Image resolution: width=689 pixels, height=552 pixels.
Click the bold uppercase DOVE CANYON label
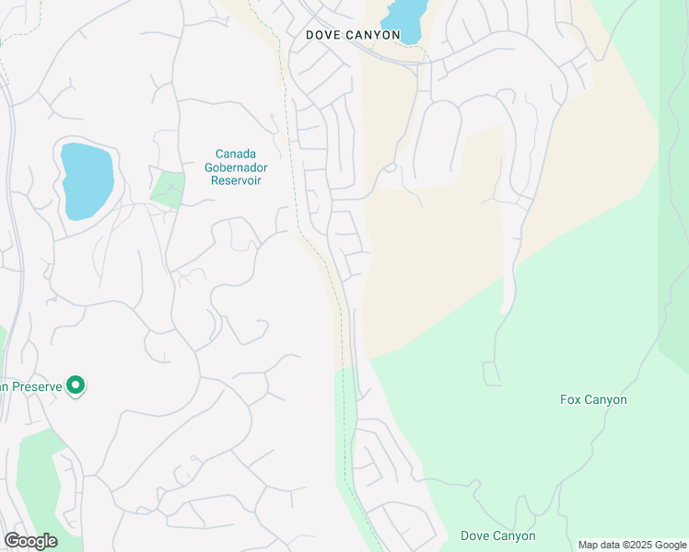[354, 35]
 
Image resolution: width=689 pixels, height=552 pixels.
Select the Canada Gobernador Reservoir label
[236, 167]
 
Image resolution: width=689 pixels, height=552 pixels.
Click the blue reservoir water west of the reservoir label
[86, 179]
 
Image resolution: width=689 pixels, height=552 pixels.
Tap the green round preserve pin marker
[76, 386]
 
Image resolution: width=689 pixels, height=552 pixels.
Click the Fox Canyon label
[593, 400]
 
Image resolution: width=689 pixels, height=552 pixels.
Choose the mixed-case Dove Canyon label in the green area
[497, 535]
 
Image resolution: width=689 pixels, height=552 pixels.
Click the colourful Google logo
[30, 541]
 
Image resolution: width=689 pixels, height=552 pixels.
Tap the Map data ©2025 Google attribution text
[631, 545]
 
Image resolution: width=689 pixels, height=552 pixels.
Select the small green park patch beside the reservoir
[168, 189]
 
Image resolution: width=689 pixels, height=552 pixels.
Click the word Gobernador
[236, 167]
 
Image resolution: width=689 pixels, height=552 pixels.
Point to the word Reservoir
[236, 180]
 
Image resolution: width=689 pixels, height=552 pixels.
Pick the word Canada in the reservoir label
[236, 154]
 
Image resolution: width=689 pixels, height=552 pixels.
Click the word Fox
[571, 400]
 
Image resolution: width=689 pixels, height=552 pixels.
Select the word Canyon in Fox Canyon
[605, 400]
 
